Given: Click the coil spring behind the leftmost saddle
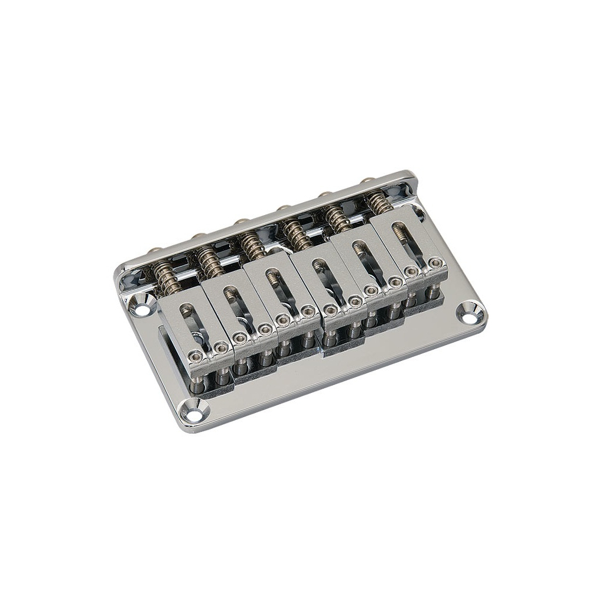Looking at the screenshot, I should (x=166, y=279).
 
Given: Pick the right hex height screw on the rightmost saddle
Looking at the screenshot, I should (x=435, y=262).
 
